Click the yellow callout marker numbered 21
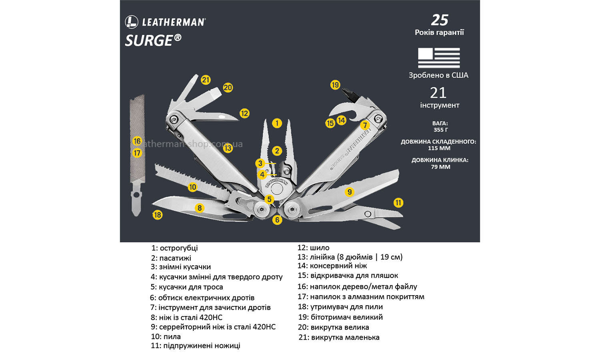point(206,80)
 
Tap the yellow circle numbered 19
point(335,85)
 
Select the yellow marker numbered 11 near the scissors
point(398,203)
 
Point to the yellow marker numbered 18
point(158,215)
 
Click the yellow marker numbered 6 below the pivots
point(277,220)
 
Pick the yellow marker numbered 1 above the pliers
point(277,123)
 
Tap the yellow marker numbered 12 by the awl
point(244,114)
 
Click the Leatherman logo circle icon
point(132,22)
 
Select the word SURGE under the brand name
point(149,41)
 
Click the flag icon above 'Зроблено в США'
point(439,58)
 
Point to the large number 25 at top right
point(440,20)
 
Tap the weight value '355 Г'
point(440,130)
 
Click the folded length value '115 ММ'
point(439,148)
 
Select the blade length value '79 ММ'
point(440,167)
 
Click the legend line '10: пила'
point(166,337)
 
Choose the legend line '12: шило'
point(313,248)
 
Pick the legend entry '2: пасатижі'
point(171,258)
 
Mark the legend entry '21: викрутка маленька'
point(339,338)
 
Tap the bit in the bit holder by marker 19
point(349,94)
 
